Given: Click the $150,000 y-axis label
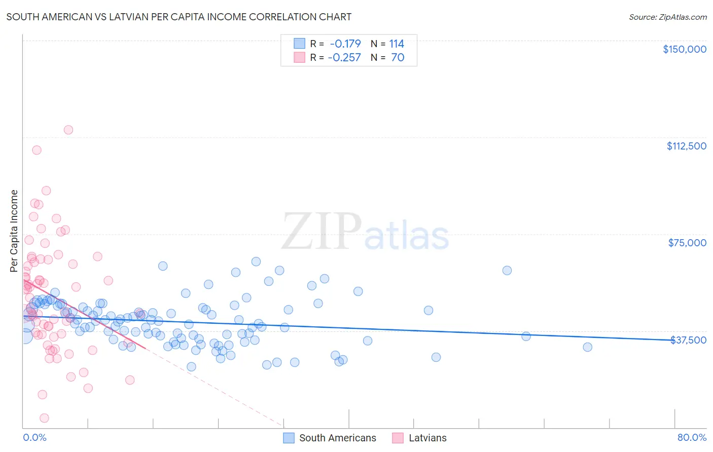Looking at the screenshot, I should (x=684, y=49).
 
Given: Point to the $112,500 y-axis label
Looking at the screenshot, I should (x=686, y=146).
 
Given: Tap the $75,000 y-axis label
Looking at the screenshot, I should (x=687, y=243).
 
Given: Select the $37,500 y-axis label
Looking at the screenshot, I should (x=688, y=340).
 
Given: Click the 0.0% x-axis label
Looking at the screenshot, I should (x=34, y=438).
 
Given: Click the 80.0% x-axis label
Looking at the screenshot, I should (x=692, y=438).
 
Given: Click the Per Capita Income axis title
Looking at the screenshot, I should (x=14, y=231).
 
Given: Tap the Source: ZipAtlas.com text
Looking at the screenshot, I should (x=667, y=17).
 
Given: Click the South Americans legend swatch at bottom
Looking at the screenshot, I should (x=289, y=438).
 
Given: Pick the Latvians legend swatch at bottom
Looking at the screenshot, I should (x=398, y=438).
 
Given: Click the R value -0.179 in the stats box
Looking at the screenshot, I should (x=345, y=44).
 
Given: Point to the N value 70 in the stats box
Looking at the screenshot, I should (x=398, y=57).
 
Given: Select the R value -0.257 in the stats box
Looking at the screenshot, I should (x=344, y=57).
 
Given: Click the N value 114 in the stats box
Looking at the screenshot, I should (x=397, y=44).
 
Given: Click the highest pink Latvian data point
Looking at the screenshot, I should (x=68, y=130).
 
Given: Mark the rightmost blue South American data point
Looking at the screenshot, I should (x=587, y=347).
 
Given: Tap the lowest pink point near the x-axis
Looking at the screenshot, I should (x=44, y=418).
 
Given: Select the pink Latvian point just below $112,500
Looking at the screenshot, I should (x=37, y=150).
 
